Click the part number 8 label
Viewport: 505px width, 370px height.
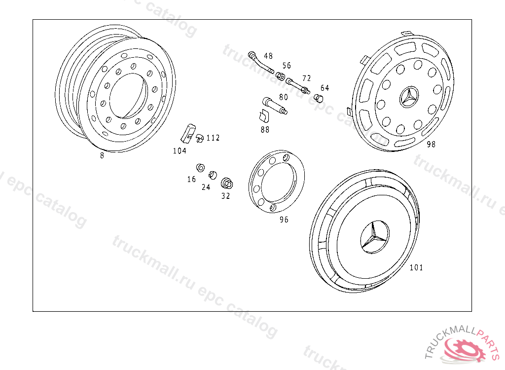point(102,156)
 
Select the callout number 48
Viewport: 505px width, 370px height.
point(268,56)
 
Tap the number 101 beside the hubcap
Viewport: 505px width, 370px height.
point(416,267)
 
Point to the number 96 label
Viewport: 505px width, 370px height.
point(284,220)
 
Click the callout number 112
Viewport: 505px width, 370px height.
point(213,138)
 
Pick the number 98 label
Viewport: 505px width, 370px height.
point(431,145)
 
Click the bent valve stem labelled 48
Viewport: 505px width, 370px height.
point(260,62)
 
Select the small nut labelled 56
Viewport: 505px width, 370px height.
point(280,76)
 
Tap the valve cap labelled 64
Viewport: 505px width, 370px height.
point(318,97)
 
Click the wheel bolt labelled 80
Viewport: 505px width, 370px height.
point(275,106)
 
